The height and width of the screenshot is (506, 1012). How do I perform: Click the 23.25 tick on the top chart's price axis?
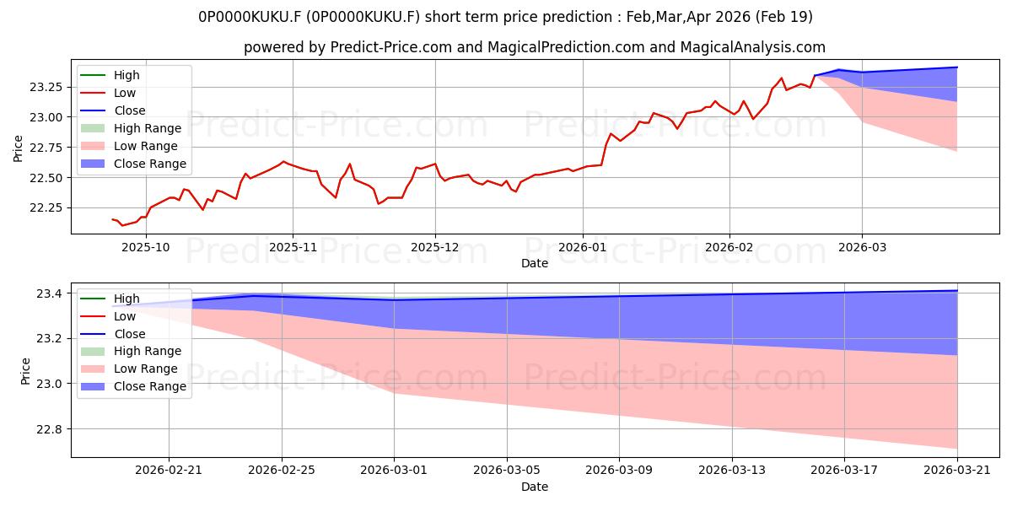coord(45,87)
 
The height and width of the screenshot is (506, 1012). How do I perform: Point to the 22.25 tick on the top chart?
coord(45,207)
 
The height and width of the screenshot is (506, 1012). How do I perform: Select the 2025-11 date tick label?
coord(293,248)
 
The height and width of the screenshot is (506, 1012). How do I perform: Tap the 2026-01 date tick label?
coord(583,248)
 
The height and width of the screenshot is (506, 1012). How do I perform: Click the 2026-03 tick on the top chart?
coord(862,248)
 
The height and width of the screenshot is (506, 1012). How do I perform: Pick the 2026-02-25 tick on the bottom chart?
coord(282,471)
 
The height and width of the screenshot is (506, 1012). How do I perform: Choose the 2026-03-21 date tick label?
coord(957,471)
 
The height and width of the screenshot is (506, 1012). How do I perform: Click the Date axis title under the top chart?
coord(535,263)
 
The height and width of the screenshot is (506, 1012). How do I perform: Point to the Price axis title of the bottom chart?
coord(25,371)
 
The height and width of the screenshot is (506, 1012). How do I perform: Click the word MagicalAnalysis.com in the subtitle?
coord(752,47)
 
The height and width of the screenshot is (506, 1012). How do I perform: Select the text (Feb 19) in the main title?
coord(783,17)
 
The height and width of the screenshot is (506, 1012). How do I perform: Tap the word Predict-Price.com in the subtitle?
coord(391,47)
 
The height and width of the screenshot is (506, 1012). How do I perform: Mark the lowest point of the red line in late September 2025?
coord(122,225)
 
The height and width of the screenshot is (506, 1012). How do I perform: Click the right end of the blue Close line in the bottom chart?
coord(957,290)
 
